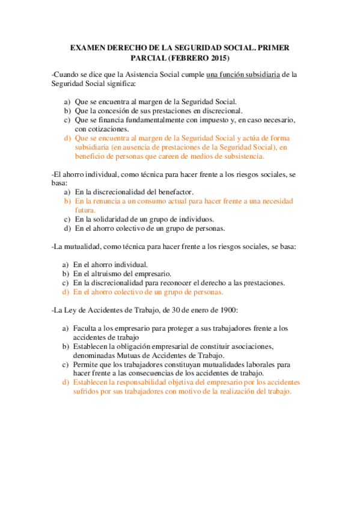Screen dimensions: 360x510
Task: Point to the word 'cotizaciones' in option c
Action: (93, 129)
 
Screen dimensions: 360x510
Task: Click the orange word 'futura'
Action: (85, 210)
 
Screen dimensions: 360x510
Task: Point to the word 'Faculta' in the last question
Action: (85, 328)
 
